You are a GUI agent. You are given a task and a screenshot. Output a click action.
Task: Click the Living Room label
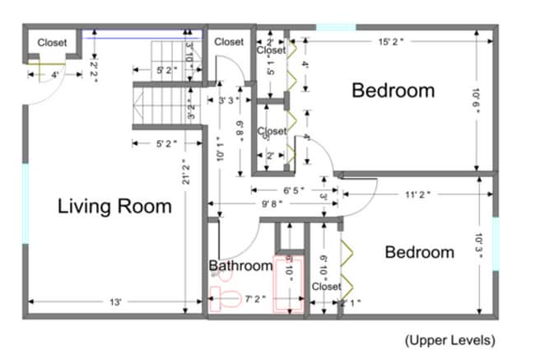tap(114, 206)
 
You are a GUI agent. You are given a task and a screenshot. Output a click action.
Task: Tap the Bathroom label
tap(240, 266)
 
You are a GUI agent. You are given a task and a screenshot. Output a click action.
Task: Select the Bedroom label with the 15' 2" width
tap(393, 90)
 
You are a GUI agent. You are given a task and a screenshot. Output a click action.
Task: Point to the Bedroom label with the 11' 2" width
tap(419, 252)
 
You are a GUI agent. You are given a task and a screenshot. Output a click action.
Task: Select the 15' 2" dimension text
tap(392, 41)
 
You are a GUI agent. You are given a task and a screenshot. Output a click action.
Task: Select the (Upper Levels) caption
tap(450, 339)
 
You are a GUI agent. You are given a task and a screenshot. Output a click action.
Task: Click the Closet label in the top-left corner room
tap(53, 43)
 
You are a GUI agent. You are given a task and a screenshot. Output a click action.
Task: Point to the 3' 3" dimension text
tap(228, 101)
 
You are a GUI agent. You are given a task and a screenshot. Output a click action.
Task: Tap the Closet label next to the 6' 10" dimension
tap(327, 287)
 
